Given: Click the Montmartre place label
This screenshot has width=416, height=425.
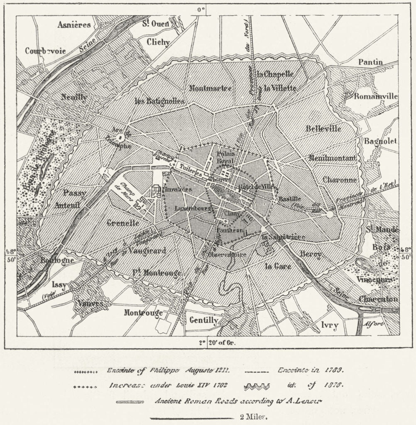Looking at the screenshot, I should point(210,88).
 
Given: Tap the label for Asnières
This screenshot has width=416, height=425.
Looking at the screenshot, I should point(74,24).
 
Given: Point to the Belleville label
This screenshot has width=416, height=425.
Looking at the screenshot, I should point(323,129).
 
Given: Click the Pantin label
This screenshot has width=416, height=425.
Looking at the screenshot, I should point(370,62).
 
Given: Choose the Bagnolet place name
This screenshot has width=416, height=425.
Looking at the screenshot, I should point(381,141).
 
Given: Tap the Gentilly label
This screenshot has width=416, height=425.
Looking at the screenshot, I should point(203,320).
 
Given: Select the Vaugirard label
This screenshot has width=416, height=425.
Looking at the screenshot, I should point(147,250).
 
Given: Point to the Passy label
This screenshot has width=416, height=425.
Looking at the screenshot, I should point(75,193).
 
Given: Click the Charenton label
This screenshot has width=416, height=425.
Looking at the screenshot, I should point(378,299).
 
